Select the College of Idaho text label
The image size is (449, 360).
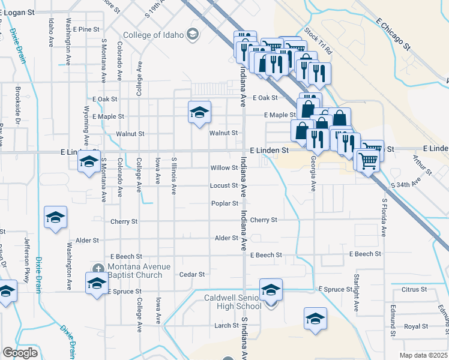click(x=154, y=35)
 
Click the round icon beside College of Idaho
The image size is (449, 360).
click(x=192, y=33)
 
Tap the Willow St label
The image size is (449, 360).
click(x=224, y=168)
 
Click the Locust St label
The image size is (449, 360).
click(x=224, y=185)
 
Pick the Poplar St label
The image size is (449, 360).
click(x=224, y=203)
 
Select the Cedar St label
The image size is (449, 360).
click(x=192, y=274)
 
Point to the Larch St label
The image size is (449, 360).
click(x=226, y=325)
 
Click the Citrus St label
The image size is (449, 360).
click(x=415, y=289)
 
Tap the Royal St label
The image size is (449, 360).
click(x=415, y=326)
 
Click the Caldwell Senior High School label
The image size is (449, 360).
click(x=232, y=302)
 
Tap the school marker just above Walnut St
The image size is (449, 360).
click(x=199, y=112)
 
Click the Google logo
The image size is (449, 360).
click(x=20, y=353)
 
